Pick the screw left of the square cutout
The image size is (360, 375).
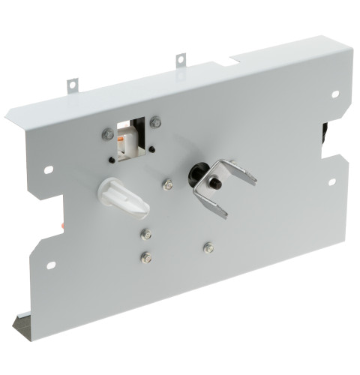coord(108,135)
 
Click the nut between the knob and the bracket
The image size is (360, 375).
coord(168,184)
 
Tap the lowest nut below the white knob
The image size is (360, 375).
coord(146,257)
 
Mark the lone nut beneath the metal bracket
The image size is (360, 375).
coord(208,246)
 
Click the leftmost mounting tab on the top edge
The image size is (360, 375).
coord(73,85)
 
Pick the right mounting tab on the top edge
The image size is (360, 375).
coord(181,59)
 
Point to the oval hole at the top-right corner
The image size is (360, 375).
coord(334,94)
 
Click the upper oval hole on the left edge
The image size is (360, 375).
coord(49,169)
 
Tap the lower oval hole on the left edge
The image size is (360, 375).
coord(51,264)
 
